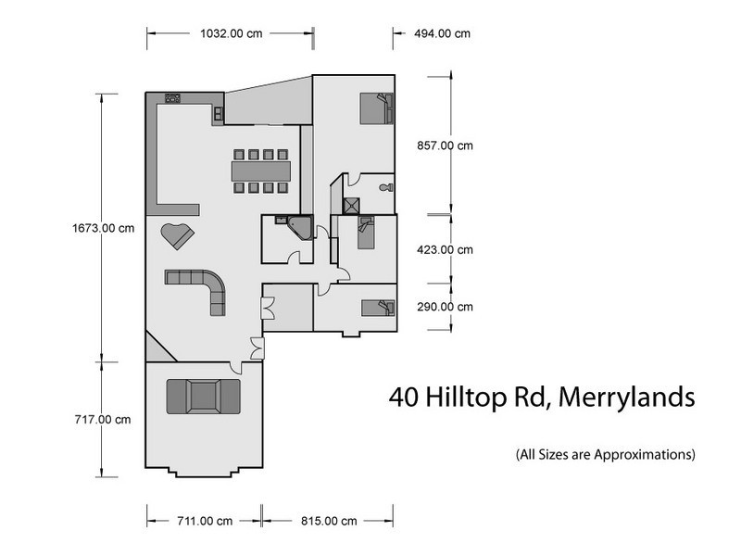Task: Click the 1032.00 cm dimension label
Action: click(x=232, y=33)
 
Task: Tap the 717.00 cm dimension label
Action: click(x=101, y=420)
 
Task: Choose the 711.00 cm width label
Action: click(x=204, y=521)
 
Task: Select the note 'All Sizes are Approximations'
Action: click(x=606, y=455)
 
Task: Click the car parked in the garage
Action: click(x=202, y=396)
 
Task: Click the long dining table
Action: click(x=260, y=171)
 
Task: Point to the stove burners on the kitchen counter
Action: click(x=172, y=97)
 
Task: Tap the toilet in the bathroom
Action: click(x=385, y=187)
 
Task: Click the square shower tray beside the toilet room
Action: click(x=352, y=207)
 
